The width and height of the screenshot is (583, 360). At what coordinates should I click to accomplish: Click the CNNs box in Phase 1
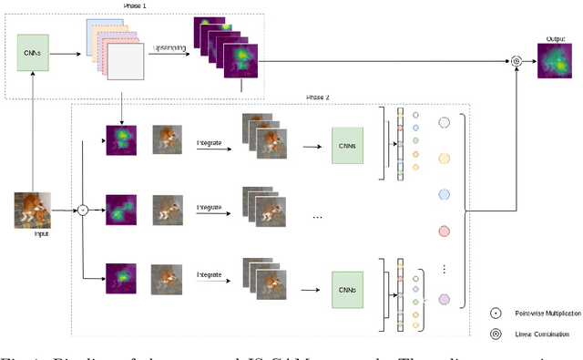(x=32, y=53)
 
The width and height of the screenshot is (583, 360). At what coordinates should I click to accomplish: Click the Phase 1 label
(x=134, y=6)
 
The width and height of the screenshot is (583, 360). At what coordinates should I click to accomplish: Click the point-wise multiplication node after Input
(x=82, y=210)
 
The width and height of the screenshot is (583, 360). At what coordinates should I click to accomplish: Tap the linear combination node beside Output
(x=517, y=62)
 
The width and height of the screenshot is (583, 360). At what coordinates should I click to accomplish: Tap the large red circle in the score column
(x=445, y=231)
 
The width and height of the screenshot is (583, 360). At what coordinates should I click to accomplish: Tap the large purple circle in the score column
(x=444, y=300)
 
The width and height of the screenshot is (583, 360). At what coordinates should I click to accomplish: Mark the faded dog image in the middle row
(x=166, y=209)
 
